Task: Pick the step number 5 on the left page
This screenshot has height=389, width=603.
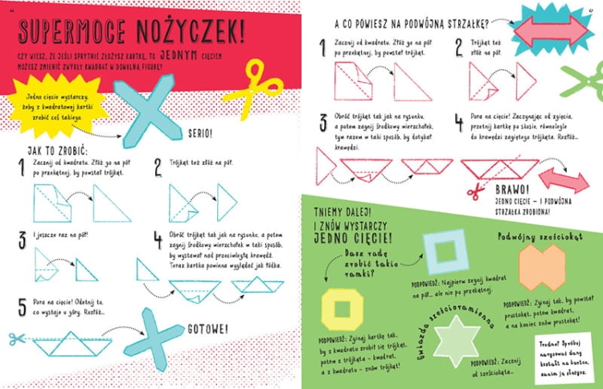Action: pyautogui.click(x=22, y=306)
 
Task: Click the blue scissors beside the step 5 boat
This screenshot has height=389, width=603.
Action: pyautogui.click(x=14, y=338)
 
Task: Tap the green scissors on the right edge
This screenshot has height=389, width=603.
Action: pyautogui.click(x=585, y=81)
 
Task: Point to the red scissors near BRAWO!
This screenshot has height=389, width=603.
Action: pyautogui.click(x=474, y=190)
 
